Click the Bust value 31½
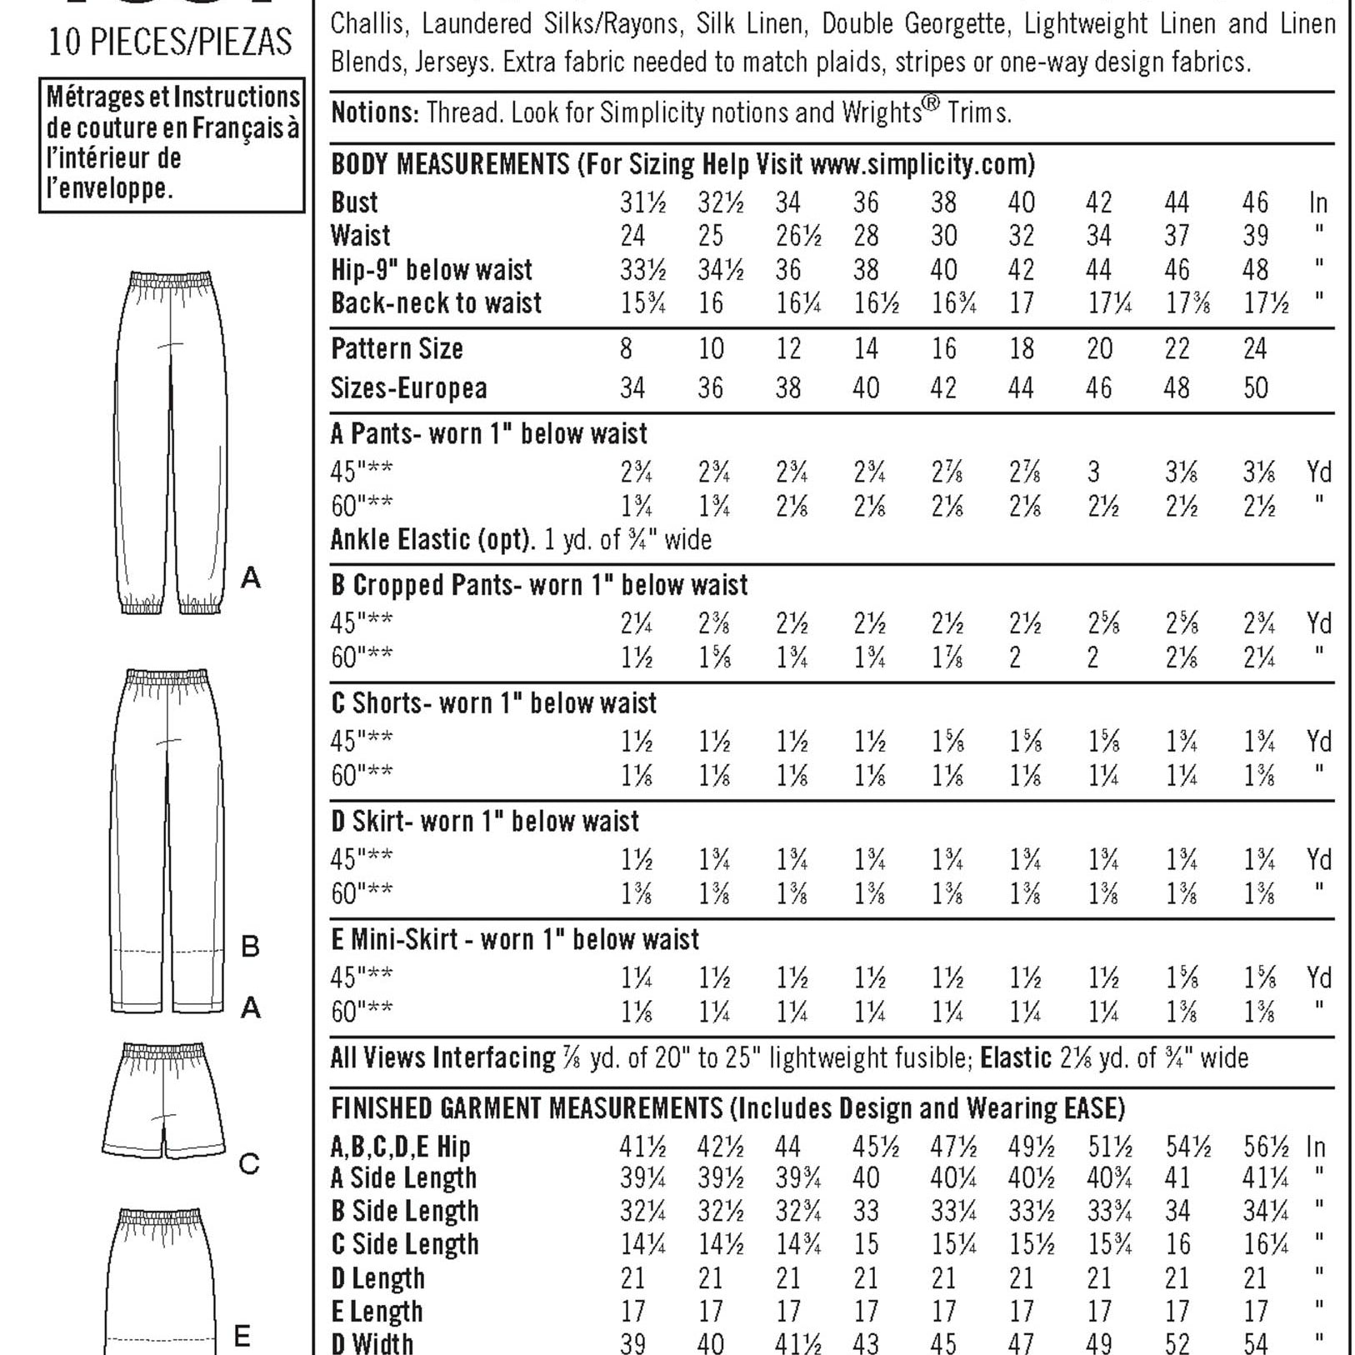coord(642,202)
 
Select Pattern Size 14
coord(866,348)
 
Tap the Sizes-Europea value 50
coord(1255,387)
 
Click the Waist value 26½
coord(797,236)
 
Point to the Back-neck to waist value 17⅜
coord(1188,303)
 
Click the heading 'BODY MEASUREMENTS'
coord(450,164)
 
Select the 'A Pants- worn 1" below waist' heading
coord(488,434)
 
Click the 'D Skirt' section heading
coord(484,822)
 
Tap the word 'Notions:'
coord(375,112)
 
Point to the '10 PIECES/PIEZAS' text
coord(170,41)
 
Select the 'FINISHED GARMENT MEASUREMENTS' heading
coord(527,1109)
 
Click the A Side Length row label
coord(403,1179)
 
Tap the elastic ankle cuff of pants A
coord(142,603)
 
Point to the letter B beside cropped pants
coord(250,947)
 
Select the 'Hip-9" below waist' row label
coord(431,270)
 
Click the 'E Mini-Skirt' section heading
coord(514,941)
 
